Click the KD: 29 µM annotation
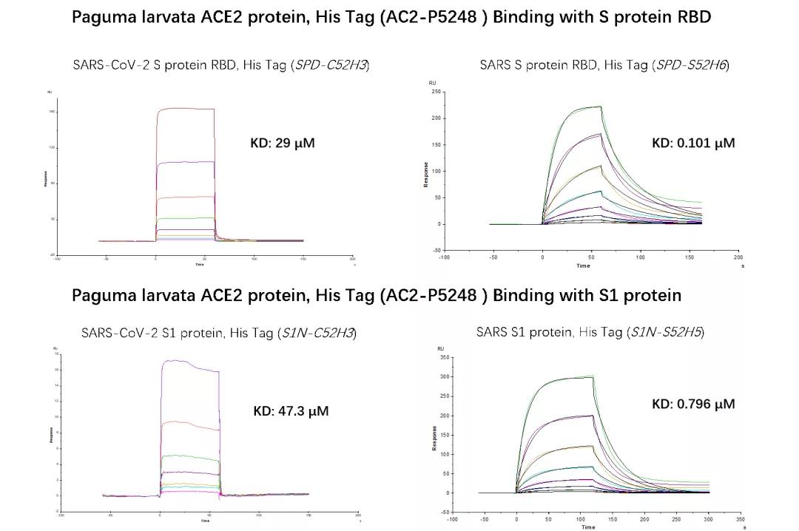[283, 143]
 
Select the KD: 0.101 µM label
[693, 143]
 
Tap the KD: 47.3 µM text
[291, 410]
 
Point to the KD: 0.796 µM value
[693, 404]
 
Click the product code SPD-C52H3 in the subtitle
[331, 65]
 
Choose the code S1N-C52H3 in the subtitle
[317, 334]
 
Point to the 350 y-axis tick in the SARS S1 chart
[444, 358]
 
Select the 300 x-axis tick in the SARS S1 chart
[709, 518]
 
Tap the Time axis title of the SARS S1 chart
[588, 527]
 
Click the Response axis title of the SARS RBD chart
[426, 174]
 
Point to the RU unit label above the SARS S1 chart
[440, 348]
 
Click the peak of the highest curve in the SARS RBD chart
[600, 106]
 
